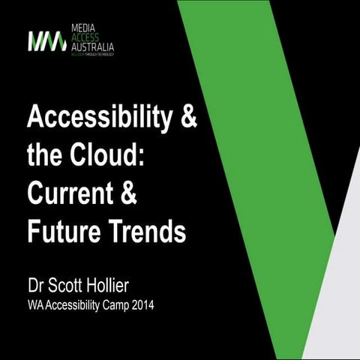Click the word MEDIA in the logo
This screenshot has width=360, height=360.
(x=82, y=28)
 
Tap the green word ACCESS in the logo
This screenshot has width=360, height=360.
(x=84, y=37)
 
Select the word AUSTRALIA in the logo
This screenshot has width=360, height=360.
(x=92, y=46)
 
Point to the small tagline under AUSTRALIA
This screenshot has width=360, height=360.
(x=92, y=55)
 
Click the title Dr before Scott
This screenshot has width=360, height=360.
(x=37, y=286)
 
